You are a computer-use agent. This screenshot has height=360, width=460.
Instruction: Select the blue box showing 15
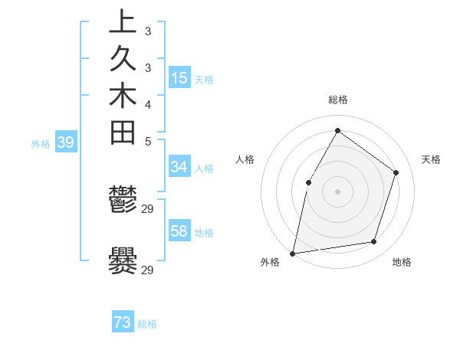click(179, 78)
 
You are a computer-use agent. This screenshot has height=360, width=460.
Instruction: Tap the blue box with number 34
click(179, 168)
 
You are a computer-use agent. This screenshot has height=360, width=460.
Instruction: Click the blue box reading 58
click(179, 231)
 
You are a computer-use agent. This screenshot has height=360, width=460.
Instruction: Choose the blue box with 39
click(66, 142)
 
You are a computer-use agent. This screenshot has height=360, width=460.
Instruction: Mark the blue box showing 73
click(123, 322)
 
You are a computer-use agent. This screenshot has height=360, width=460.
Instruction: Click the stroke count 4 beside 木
click(147, 103)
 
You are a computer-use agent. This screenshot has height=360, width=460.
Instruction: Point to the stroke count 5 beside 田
click(147, 141)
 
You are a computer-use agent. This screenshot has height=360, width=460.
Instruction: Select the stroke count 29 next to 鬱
click(148, 208)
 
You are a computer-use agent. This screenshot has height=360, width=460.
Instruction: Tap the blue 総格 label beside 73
click(147, 324)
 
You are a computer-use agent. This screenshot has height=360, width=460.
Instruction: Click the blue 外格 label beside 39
click(41, 143)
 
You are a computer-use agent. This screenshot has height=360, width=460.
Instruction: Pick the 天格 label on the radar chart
click(431, 159)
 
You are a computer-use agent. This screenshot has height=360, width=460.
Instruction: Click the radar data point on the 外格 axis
click(293, 253)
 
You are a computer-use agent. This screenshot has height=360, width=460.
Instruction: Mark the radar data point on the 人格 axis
click(308, 182)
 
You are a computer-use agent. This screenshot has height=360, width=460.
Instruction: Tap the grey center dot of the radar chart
click(337, 191)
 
